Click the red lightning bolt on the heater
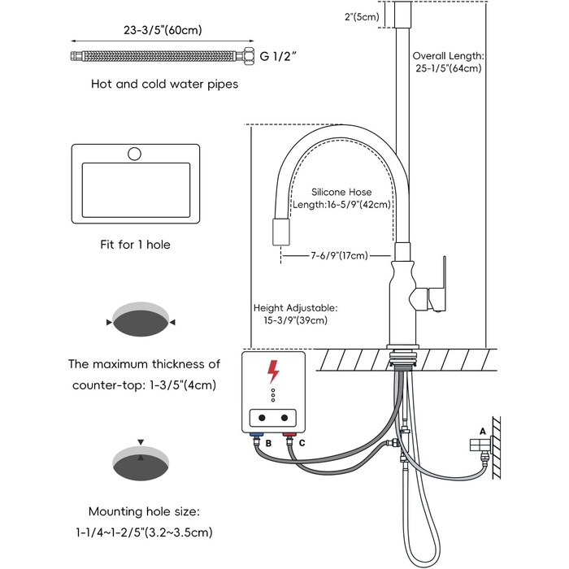click(273, 372)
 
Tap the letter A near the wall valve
click(484, 431)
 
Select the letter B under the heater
click(258, 444)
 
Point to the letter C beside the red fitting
click(302, 444)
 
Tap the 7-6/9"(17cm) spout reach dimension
click(338, 255)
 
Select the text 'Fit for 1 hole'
click(134, 244)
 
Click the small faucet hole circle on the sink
click(135, 154)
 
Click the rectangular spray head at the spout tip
click(281, 232)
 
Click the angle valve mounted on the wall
click(480, 447)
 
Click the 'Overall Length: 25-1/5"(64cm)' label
click(448, 62)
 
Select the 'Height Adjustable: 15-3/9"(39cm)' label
click(295, 314)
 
